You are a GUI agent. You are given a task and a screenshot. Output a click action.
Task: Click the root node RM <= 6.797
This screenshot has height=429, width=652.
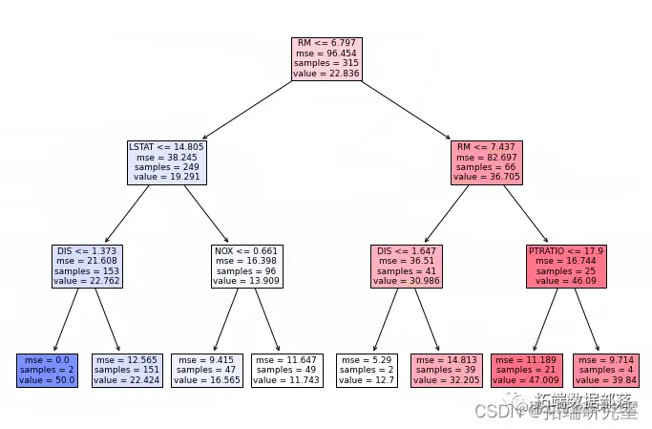pyautogui.click(x=326, y=59)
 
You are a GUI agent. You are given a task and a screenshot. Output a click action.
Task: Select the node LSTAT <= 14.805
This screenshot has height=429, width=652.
pyautogui.click(x=166, y=162)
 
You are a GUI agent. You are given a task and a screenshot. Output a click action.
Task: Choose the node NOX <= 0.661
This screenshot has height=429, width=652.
pyautogui.click(x=246, y=266)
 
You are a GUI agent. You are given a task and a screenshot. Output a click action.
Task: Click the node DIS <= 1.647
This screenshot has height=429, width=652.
pyautogui.click(x=407, y=266)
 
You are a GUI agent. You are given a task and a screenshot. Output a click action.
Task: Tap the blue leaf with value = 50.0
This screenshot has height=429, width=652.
pyautogui.click(x=45, y=369)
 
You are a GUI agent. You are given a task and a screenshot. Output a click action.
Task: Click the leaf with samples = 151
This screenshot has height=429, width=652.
pyautogui.click(x=126, y=369)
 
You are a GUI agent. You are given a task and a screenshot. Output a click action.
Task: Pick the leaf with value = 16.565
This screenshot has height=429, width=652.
pyautogui.click(x=206, y=369)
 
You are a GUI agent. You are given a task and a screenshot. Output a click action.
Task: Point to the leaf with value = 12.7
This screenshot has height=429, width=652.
pyautogui.click(x=367, y=369)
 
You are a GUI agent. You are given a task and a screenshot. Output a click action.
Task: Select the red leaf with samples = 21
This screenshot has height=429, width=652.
pyautogui.click(x=527, y=369)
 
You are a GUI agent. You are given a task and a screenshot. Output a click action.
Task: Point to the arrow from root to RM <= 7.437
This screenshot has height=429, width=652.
pyautogui.click(x=407, y=111)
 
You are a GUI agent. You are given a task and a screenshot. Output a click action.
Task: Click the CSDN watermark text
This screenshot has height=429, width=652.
pyautogui.click(x=494, y=412)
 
